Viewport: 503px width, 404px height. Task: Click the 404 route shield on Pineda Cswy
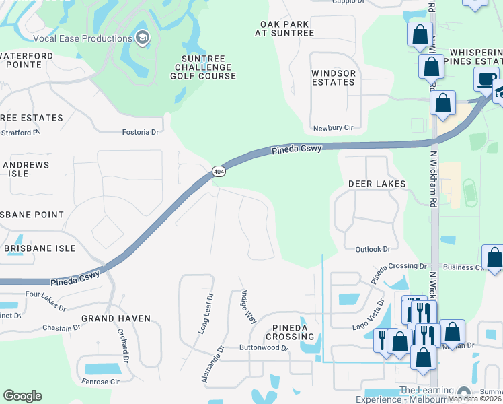coord(218,172)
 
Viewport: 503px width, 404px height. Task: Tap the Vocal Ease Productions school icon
coord(142,37)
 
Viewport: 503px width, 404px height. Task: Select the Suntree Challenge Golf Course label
coord(205,67)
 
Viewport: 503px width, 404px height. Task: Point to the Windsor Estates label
coord(333,77)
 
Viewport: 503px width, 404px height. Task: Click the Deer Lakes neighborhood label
coord(377,184)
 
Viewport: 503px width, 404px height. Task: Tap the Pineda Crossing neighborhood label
coord(290,332)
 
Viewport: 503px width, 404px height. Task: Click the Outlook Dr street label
coord(373,249)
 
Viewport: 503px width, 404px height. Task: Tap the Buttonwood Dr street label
coord(264,349)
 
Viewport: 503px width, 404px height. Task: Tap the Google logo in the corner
coord(22,396)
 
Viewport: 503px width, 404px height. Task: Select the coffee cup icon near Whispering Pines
coord(484,79)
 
